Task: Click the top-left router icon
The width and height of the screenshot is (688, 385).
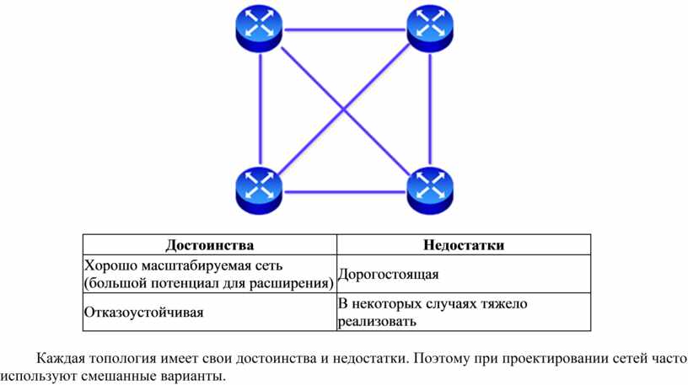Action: (x=259, y=29)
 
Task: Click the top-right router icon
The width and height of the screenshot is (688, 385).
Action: (x=430, y=29)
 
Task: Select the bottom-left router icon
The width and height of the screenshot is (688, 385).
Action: (x=259, y=190)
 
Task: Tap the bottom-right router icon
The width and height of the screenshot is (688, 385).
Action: (x=430, y=190)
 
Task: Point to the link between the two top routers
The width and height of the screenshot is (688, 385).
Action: (x=345, y=29)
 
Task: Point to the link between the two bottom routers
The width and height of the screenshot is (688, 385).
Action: (x=345, y=191)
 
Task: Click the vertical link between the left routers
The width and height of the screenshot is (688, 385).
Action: (x=261, y=110)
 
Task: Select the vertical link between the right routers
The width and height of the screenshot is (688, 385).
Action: (x=430, y=110)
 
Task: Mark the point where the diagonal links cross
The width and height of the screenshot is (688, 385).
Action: (x=345, y=110)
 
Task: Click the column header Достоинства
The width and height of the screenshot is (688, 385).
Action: (x=209, y=244)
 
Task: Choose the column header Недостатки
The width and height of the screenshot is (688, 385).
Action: (x=464, y=244)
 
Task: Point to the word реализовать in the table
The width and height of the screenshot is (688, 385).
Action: (x=377, y=322)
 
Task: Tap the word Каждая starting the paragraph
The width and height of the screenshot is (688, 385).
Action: (x=61, y=359)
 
